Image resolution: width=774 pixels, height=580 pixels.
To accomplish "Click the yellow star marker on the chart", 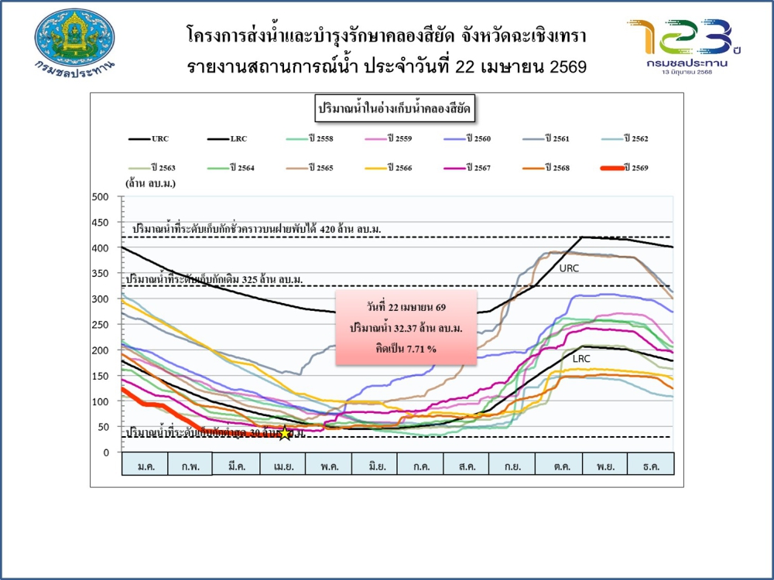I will pyautogui.click(x=286, y=434).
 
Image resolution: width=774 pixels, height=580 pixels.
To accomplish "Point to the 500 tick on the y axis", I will pyautogui.click(x=100, y=197).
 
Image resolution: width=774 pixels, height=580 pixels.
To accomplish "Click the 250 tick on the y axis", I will pyautogui.click(x=100, y=325).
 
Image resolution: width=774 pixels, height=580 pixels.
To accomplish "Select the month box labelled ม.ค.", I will pyautogui.click(x=145, y=464).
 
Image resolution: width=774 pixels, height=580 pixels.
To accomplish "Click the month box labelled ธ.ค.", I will pyautogui.click(x=650, y=464).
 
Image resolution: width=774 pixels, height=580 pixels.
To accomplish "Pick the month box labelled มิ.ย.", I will pyautogui.click(x=374, y=464).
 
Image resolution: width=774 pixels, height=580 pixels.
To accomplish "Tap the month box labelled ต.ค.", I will pyautogui.click(x=558, y=464).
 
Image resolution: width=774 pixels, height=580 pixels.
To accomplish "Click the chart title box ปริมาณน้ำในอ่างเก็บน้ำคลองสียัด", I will pyautogui.click(x=395, y=110).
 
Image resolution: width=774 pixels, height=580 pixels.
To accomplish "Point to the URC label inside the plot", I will pyautogui.click(x=570, y=268).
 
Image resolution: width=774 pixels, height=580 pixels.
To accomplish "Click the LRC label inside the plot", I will pyautogui.click(x=581, y=359).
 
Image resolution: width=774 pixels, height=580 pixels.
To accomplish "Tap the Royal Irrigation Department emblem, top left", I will pyautogui.click(x=74, y=39).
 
